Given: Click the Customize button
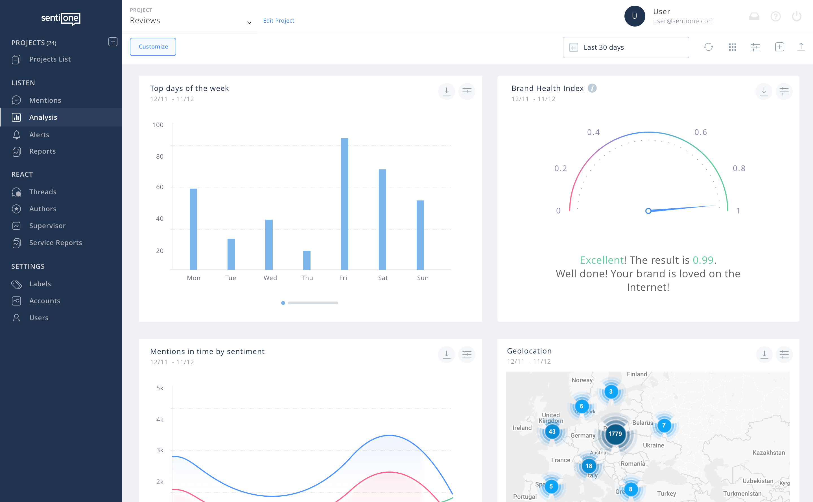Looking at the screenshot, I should [x=153, y=47].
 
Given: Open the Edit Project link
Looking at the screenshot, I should [x=278, y=21].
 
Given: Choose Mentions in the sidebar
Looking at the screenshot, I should [x=45, y=100].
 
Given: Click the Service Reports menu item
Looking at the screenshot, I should [x=55, y=243].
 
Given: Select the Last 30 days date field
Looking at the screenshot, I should [x=626, y=47].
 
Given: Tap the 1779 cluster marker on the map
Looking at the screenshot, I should [x=615, y=434].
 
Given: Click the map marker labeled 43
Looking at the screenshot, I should [x=552, y=432].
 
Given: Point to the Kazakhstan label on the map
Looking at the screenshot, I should [x=768, y=453].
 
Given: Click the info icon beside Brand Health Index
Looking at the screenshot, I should [x=592, y=88].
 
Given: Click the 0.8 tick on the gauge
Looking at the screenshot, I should [x=739, y=168].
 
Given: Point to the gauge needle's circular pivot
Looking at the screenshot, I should [x=648, y=211].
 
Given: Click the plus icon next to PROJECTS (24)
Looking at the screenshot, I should [x=113, y=42].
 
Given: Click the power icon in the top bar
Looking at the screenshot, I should [x=796, y=16].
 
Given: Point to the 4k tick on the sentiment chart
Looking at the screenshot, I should [x=160, y=420].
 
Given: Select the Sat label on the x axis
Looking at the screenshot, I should [x=383, y=278].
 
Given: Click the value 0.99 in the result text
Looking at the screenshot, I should [x=703, y=260].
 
